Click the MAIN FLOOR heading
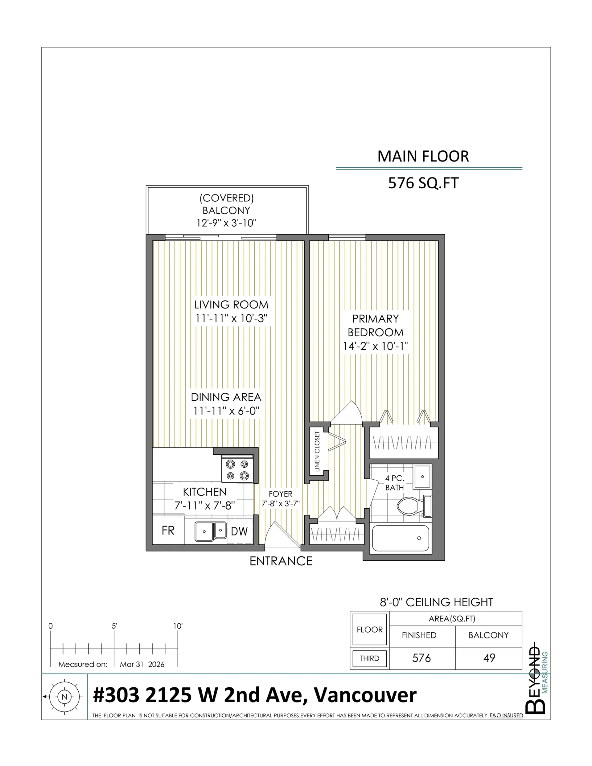click(423, 156)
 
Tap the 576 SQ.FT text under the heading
click(423, 183)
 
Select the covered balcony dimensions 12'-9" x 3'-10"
click(226, 223)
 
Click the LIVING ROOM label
click(231, 305)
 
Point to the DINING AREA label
click(226, 397)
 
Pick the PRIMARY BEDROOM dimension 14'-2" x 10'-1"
click(376, 346)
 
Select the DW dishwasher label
click(239, 531)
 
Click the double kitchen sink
click(210, 531)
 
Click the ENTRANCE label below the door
click(281, 562)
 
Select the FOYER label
click(280, 494)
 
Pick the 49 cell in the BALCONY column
click(489, 658)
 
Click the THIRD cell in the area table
click(369, 658)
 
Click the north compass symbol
click(64, 697)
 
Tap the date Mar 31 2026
click(142, 664)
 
